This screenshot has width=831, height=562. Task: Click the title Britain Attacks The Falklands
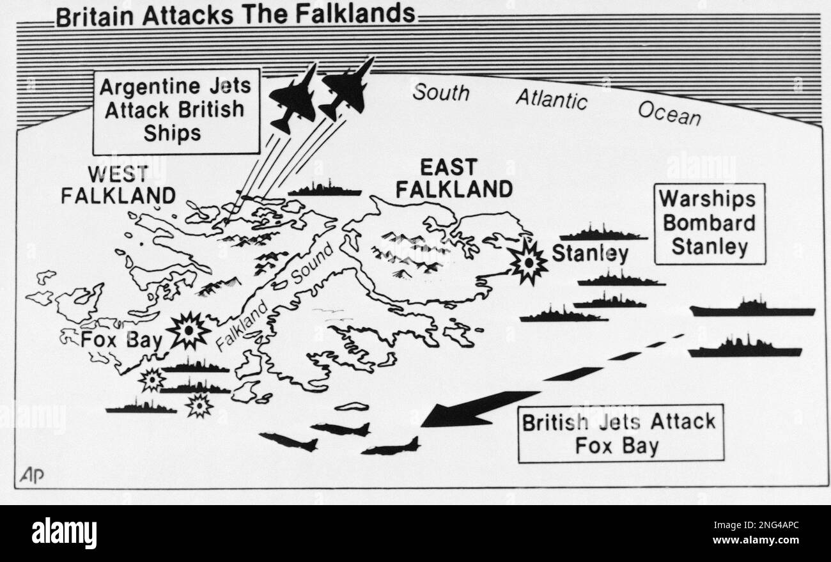235,14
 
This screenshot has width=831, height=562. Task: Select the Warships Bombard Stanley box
709,223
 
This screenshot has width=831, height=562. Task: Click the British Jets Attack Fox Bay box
620,433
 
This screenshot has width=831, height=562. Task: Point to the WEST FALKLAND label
118,184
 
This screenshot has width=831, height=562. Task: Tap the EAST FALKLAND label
453,178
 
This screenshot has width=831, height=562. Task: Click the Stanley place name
589,254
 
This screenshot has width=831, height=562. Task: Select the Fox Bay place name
121,339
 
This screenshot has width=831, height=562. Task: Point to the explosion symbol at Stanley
529,260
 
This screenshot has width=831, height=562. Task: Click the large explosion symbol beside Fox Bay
189,331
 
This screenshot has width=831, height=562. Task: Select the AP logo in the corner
33,476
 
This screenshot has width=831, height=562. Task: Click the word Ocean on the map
669,113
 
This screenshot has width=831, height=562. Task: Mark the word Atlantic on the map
551,99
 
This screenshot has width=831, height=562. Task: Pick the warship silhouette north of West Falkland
324,189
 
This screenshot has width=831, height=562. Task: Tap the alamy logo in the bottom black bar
65,533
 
